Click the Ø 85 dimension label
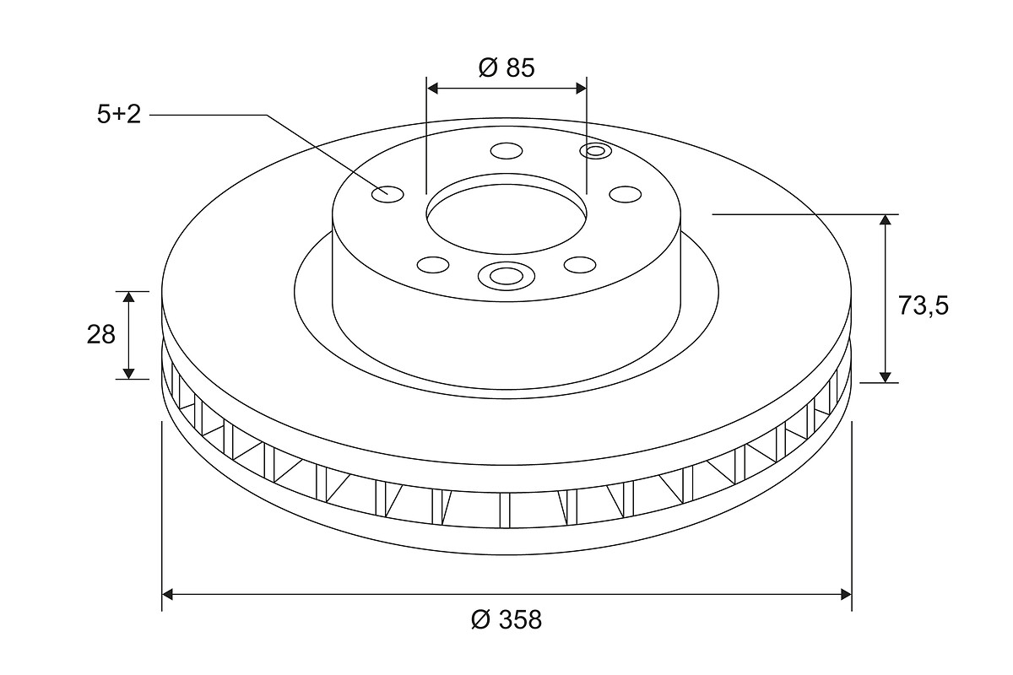(x=506, y=67)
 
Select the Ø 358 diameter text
(x=506, y=619)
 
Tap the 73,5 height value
(x=923, y=305)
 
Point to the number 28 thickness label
(x=101, y=335)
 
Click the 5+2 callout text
(x=119, y=115)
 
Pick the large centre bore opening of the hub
(x=506, y=219)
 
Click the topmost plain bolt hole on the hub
(x=506, y=151)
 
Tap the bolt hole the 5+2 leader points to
(x=387, y=194)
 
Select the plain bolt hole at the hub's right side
(x=626, y=194)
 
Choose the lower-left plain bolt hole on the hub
(x=433, y=265)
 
